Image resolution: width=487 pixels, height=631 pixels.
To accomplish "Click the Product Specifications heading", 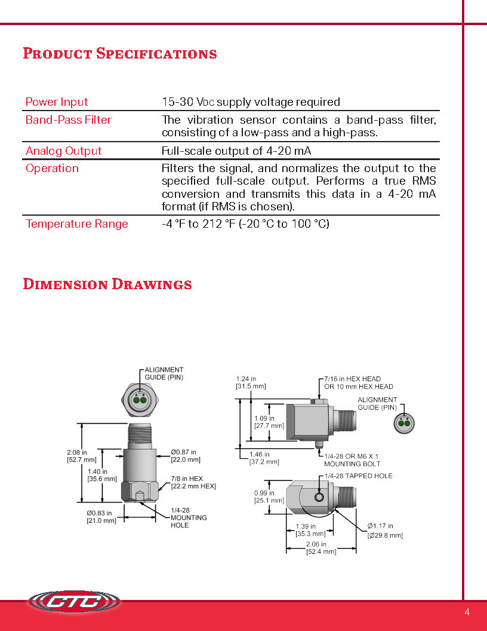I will (x=119, y=54).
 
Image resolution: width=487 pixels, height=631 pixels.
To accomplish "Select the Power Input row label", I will (x=57, y=102).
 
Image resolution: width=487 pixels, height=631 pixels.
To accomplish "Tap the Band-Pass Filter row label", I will (x=68, y=120).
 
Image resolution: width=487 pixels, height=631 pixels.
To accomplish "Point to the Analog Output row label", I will (x=63, y=151).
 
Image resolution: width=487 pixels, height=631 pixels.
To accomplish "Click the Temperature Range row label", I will (x=76, y=224).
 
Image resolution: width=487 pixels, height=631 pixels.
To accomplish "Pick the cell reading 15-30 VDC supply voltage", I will (x=251, y=102).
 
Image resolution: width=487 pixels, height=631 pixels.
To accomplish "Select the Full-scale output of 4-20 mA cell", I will (x=236, y=151).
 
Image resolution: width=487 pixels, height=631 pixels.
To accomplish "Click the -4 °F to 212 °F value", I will (x=245, y=224).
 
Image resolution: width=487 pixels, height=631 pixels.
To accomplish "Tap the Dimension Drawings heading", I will (x=107, y=284).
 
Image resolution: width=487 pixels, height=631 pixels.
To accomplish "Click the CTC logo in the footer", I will (x=74, y=602).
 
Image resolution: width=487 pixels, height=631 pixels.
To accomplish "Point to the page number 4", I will (x=467, y=612).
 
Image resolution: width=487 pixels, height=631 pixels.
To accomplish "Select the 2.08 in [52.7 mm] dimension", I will (x=81, y=456).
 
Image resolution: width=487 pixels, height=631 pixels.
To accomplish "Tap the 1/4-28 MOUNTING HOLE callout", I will (x=189, y=517).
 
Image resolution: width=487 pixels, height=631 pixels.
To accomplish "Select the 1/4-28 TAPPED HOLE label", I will (x=358, y=476).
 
